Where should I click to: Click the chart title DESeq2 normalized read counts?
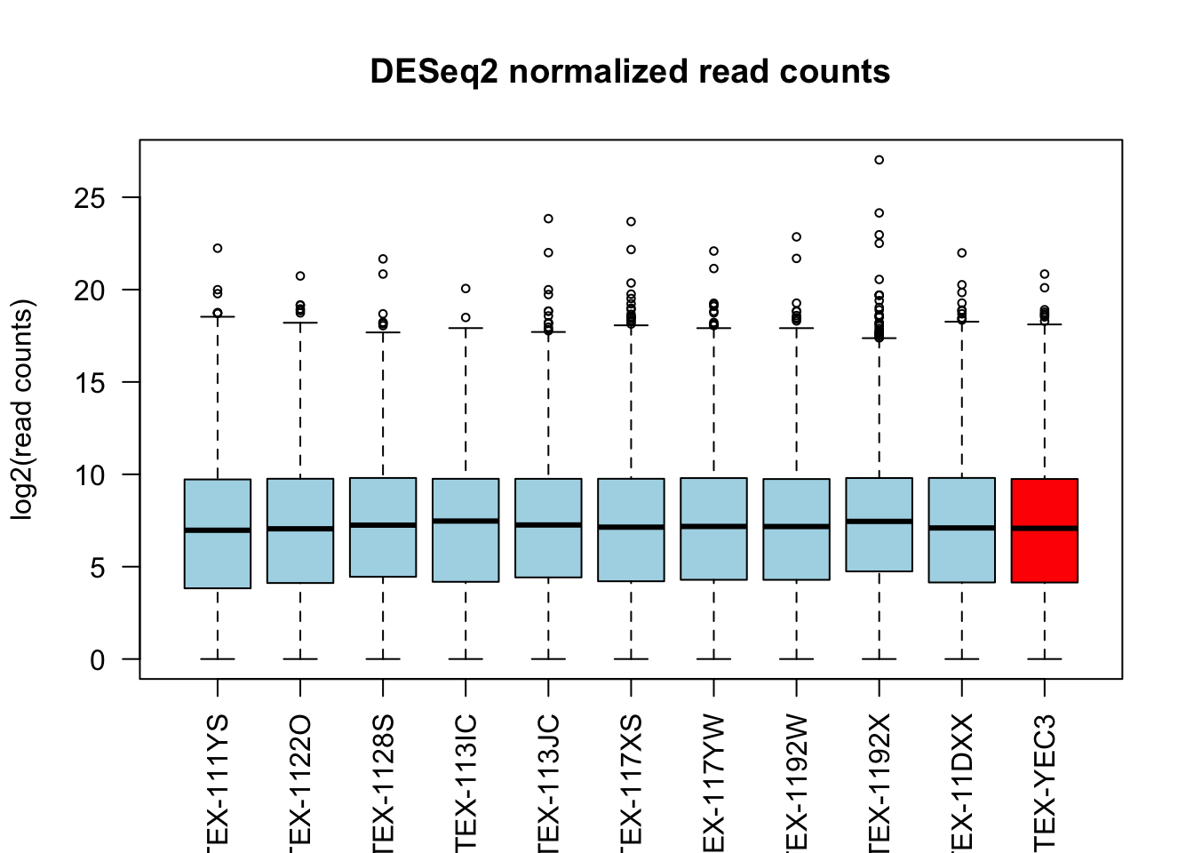pos(630,72)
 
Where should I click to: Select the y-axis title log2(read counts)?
pos(22,410)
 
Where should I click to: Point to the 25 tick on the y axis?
pos(90,198)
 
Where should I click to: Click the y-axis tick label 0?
pos(97,660)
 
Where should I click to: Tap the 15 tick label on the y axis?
pos(90,383)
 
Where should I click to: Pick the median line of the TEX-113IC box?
pos(466,521)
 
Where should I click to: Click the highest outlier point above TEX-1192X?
pos(880,160)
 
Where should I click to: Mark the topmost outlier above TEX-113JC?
pos(548,219)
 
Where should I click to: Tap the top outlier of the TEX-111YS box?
pos(218,249)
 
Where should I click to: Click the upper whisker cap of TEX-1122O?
pos(300,323)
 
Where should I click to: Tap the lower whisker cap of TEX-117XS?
pos(631,659)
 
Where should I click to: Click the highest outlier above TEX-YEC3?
pos(1045,275)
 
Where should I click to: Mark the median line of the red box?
pos(1045,529)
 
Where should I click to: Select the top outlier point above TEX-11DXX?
pos(962,253)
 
